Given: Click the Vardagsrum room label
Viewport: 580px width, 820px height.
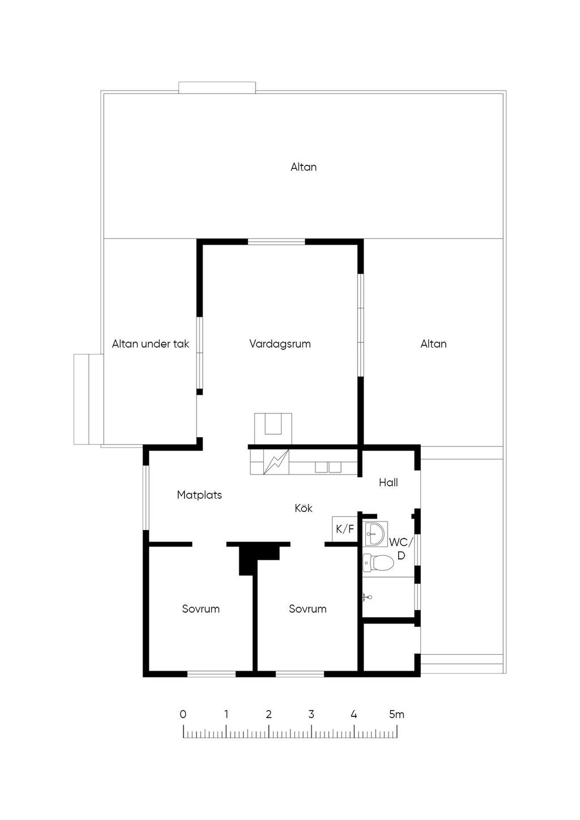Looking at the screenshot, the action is [280, 344].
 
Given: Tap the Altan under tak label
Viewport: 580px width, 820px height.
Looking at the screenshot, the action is [151, 344].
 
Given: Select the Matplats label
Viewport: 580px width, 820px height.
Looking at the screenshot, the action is [199, 495].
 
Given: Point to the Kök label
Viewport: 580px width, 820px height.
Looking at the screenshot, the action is [304, 508].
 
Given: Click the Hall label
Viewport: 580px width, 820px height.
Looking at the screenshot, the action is [388, 482].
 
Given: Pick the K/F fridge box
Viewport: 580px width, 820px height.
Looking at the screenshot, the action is [344, 529].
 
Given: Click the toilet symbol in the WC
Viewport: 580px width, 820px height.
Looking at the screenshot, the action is [378, 562].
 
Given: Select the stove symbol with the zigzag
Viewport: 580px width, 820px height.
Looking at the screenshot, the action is [276, 462].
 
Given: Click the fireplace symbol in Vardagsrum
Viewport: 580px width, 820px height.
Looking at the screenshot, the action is [273, 429].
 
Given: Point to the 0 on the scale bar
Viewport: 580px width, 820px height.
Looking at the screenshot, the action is [183, 714].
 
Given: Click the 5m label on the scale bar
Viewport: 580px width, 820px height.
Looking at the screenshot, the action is [396, 714].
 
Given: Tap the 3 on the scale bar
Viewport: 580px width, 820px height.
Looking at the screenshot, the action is [311, 714].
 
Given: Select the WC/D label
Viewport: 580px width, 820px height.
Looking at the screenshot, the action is [401, 549].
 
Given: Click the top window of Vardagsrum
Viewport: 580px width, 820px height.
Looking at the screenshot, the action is [276, 242].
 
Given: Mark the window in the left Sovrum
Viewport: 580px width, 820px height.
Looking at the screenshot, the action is [211, 674].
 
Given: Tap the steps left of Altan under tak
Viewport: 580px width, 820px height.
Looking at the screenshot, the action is [88, 399].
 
